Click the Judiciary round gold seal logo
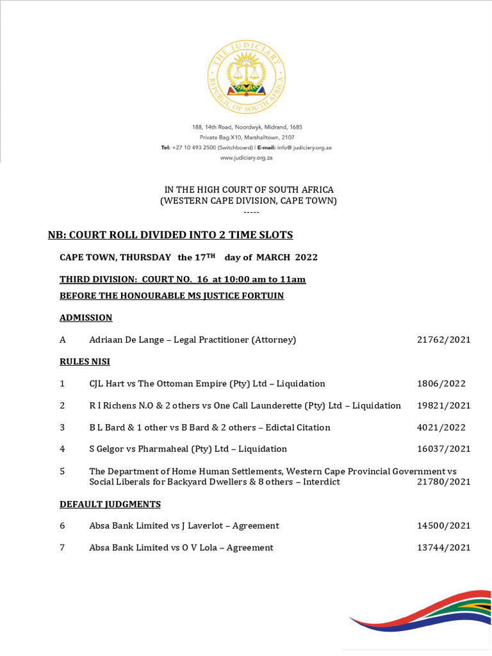coord(247,76)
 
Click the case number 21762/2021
coord(443,340)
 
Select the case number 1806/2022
coord(441,384)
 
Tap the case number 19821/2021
coord(443,406)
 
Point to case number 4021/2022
coord(441,427)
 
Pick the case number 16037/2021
coord(443,449)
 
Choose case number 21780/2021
coord(443,482)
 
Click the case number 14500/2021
coord(443,526)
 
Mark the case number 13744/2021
coord(443,548)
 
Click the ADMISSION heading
coord(86,318)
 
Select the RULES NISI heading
coord(85,362)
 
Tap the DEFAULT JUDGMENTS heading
coord(110,504)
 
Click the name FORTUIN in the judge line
coord(261,296)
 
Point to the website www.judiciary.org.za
coord(247,158)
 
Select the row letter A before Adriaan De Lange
coord(63,340)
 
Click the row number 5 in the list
coord(62,471)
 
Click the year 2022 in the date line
coord(304,258)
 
